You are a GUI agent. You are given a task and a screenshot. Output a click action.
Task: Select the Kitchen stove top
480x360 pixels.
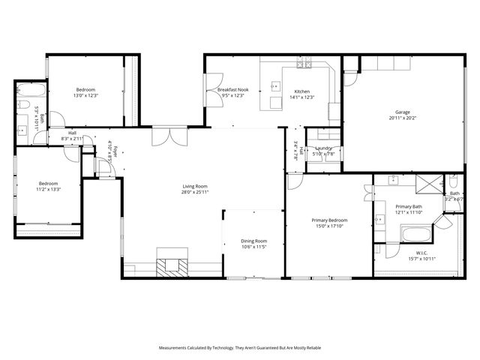[304, 64]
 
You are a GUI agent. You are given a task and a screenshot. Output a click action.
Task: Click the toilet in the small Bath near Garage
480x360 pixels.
[454, 182]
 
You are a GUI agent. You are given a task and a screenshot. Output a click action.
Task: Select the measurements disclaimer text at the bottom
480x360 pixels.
[239, 348]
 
